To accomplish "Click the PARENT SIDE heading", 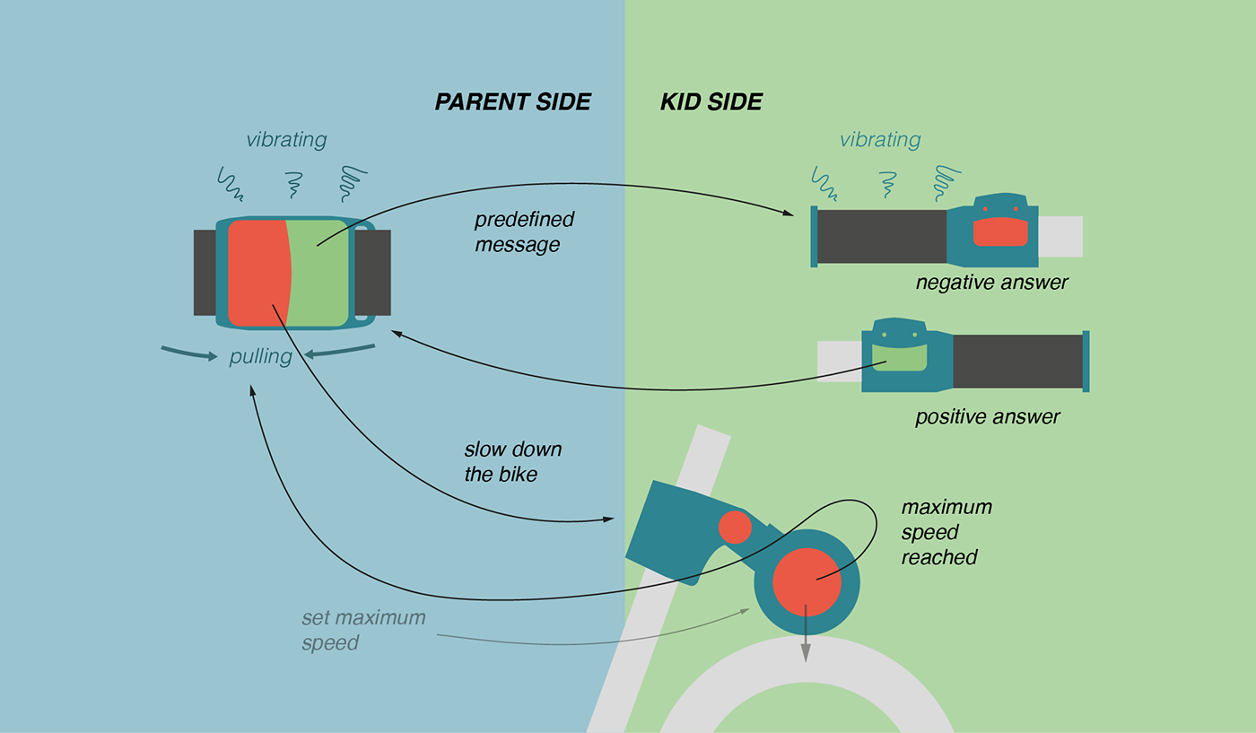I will tap(512, 102).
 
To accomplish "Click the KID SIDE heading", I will tap(711, 102).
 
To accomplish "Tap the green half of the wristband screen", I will tap(319, 273).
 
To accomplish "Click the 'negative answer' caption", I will tap(991, 284).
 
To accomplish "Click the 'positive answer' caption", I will tap(987, 418).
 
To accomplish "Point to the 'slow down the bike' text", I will tap(512, 462).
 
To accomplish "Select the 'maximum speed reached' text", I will tap(946, 532).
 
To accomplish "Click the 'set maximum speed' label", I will tap(362, 630).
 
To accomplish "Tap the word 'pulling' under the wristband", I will tap(260, 356).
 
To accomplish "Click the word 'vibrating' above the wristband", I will tap(286, 140).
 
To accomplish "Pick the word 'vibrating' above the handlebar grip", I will tap(879, 140).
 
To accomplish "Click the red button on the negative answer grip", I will tap(1000, 232).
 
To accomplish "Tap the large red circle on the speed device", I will tap(807, 581).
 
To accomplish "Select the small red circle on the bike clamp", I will tap(735, 527).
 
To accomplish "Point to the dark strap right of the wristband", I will tap(373, 273).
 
